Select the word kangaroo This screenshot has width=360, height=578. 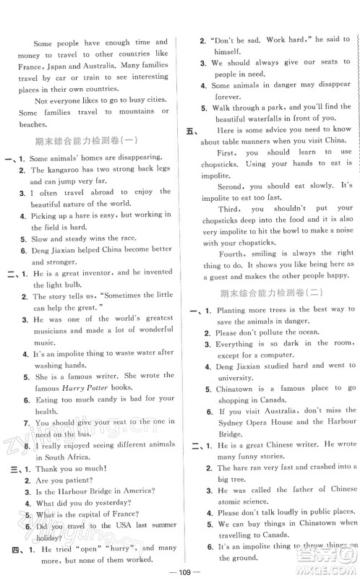(x=64, y=170)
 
